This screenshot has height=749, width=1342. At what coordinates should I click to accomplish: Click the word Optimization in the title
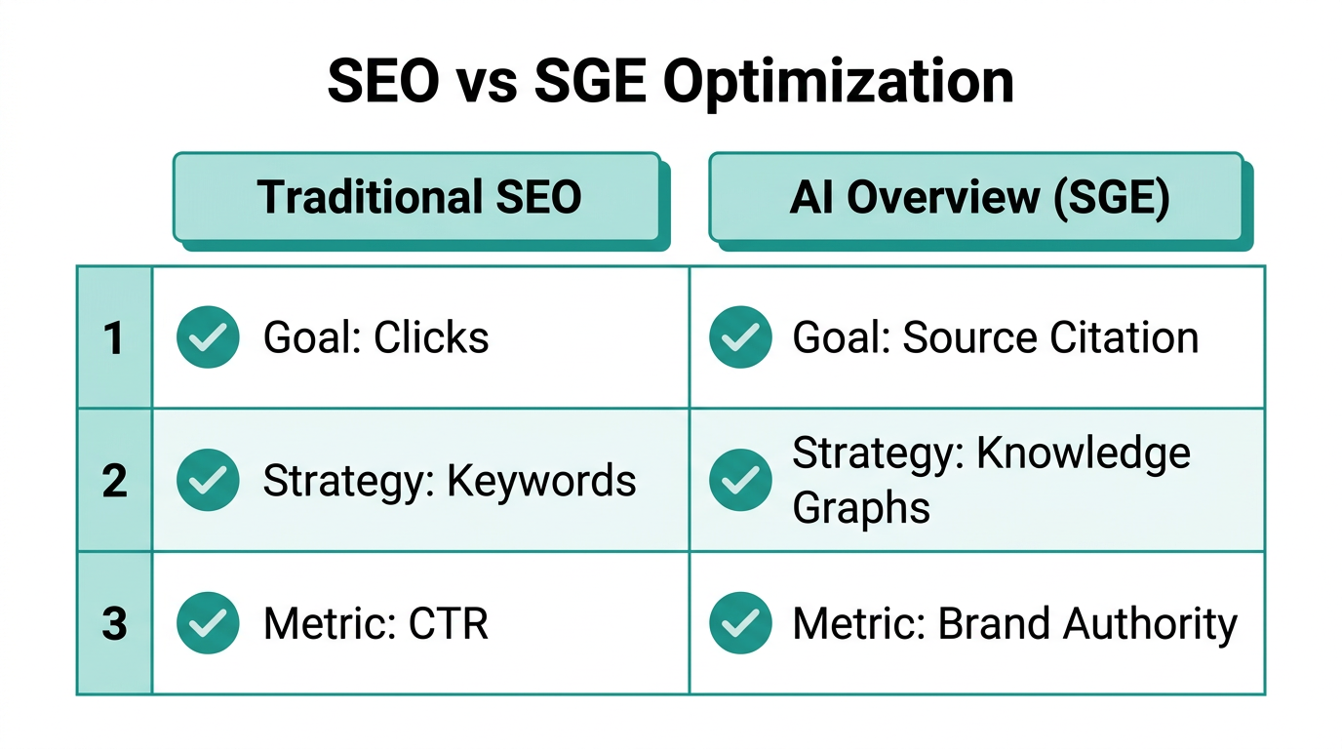(x=839, y=83)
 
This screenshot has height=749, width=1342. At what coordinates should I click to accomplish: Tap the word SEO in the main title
(x=383, y=83)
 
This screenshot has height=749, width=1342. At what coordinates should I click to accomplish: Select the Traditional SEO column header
(x=418, y=197)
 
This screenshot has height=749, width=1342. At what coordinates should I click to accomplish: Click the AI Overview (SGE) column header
(x=978, y=197)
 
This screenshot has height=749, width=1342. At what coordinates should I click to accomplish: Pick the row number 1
(x=114, y=337)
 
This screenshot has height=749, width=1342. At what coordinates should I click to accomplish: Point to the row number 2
(x=114, y=481)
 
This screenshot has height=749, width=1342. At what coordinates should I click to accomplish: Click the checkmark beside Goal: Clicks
(x=208, y=336)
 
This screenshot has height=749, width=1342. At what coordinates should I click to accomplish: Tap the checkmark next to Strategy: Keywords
(x=208, y=480)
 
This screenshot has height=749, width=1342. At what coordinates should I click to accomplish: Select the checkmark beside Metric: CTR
(x=208, y=623)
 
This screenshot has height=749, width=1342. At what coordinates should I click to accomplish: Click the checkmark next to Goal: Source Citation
(x=741, y=336)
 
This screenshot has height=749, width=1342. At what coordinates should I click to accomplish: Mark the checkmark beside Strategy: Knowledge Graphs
(x=741, y=480)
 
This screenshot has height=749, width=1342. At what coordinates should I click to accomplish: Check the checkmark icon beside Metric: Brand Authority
(x=741, y=623)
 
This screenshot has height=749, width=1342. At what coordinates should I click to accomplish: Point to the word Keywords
(x=541, y=481)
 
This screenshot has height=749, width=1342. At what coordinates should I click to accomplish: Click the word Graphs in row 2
(x=860, y=507)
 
